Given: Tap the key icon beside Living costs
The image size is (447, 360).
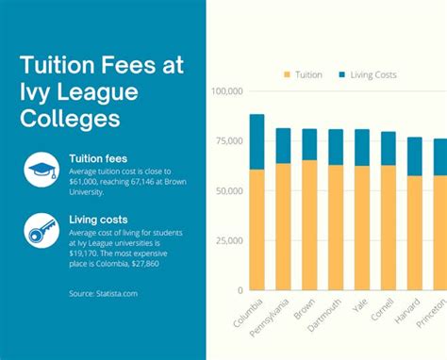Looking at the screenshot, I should [x=41, y=228].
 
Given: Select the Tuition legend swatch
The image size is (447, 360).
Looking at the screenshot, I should [x=286, y=74].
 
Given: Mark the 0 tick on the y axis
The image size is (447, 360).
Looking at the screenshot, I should [x=240, y=289].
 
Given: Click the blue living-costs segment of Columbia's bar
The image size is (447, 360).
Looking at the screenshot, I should [x=257, y=141].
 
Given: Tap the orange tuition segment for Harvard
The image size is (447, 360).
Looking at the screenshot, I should [x=414, y=232].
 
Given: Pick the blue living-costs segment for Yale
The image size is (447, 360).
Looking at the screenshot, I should [x=362, y=147].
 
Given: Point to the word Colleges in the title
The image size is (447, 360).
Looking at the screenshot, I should [x=71, y=120].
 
